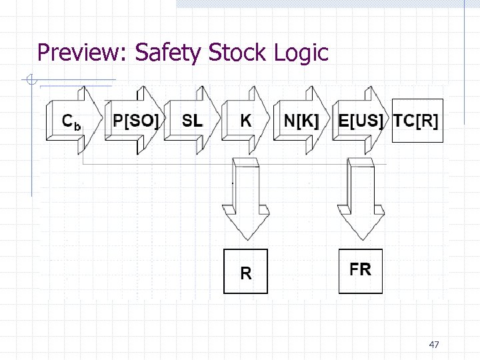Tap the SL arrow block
tap(193, 121)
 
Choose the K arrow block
tap(246, 121)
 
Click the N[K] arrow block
tap(301, 121)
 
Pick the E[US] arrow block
tap(360, 121)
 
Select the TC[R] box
tap(417, 121)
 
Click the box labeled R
tap(245, 271)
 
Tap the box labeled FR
tap(361, 271)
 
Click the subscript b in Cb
tap(78, 125)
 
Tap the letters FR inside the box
tap(361, 269)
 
